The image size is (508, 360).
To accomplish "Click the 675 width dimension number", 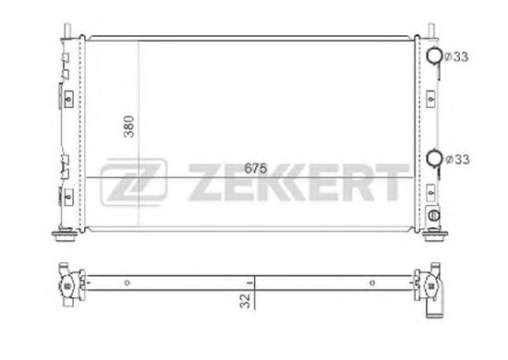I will tap(257, 168).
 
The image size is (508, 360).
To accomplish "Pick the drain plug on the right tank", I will tap(434, 217).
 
